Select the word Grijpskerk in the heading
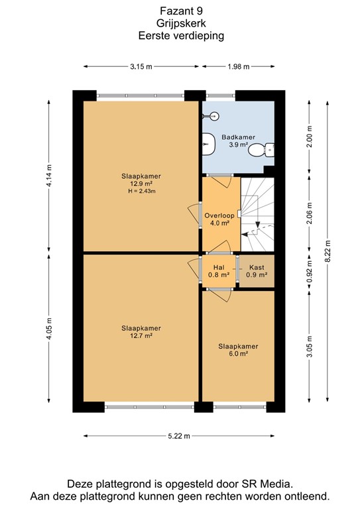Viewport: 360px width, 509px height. point(181,23)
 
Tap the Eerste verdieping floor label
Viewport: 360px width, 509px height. point(181,36)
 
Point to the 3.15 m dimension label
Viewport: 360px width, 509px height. point(141,66)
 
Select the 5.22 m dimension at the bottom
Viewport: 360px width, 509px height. point(178,435)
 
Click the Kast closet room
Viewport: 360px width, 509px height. point(256,270)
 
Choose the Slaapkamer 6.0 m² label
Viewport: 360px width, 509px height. point(238,350)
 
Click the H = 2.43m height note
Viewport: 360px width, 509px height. point(141,192)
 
